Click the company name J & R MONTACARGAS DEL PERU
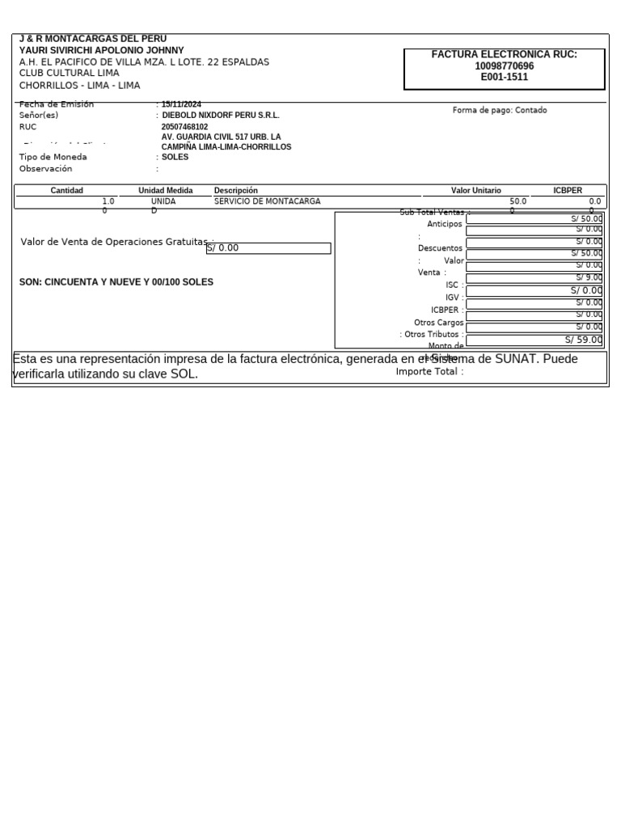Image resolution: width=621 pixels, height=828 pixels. pos(93,39)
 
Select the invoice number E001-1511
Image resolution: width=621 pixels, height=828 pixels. pos(504,78)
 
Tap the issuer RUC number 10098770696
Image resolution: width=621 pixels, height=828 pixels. pos(504,66)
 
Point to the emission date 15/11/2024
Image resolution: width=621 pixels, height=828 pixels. pos(182,104)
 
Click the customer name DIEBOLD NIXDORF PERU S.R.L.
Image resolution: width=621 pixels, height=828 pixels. pos(221,116)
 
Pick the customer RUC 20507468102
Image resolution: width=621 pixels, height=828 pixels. pos(184,127)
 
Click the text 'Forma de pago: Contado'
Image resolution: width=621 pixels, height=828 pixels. pos(500,110)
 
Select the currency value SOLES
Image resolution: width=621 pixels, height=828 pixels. pos(175,157)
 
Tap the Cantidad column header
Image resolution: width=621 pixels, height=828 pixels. pos(67,191)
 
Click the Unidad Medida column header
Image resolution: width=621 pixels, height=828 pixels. pos(166,191)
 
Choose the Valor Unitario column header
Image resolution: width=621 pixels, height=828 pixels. pos(475,191)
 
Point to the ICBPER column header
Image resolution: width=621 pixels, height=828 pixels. pos(568,191)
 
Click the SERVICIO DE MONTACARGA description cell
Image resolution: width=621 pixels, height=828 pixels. pos(267,201)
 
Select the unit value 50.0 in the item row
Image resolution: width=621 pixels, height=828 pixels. pos(517,201)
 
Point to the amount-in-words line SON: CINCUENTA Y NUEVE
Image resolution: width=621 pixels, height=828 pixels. pos(116,282)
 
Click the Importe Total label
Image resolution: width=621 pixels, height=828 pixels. pos(428,372)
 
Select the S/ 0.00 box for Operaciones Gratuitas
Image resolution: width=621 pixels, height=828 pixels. pos(268,248)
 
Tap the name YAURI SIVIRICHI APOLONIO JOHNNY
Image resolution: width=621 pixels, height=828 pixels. pos(101,50)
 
